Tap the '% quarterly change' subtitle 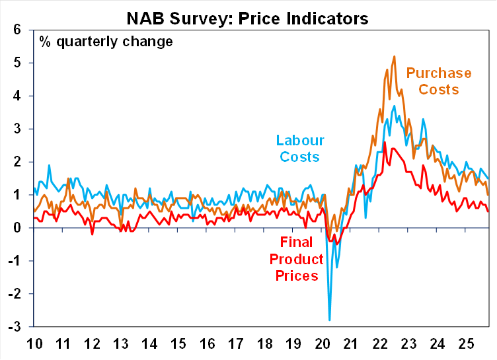pyautogui.click(x=106, y=42)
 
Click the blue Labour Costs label pyautogui.click(x=299, y=149)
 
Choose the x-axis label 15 pyautogui.click(x=178, y=343)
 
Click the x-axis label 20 pyautogui.click(x=323, y=343)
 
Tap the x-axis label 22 pyautogui.click(x=381, y=343)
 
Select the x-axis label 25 pyautogui.click(x=469, y=343)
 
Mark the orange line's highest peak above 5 pyautogui.click(x=395, y=56)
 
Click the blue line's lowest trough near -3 pyautogui.click(x=330, y=320)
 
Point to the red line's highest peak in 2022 pyautogui.click(x=385, y=142)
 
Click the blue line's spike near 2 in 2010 pyautogui.click(x=49, y=165)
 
